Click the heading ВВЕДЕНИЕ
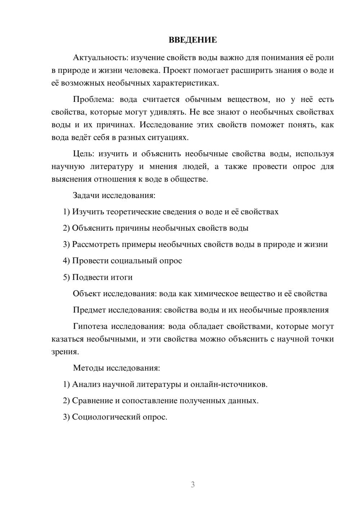(193, 40)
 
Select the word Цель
(83, 154)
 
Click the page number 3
(193, 485)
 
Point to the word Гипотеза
(90, 326)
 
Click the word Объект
(87, 294)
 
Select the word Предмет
(89, 310)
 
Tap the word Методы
(86, 368)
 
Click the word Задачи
(86, 195)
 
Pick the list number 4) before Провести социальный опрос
(66, 261)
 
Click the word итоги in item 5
(122, 277)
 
